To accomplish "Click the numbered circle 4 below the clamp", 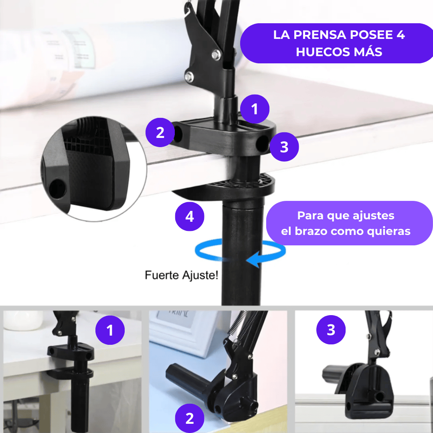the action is [x=189, y=216].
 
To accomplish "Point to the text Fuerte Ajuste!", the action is [x=182, y=275].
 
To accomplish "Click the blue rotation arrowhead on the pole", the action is [x=253, y=259].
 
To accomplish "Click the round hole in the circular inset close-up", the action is [x=57, y=189].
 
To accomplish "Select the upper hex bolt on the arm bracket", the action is [x=216, y=55].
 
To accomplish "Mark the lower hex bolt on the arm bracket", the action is [x=189, y=77].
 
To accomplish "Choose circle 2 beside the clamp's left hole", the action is [x=160, y=133].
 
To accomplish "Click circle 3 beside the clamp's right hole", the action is [x=284, y=147].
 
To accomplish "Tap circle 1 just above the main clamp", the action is [x=255, y=109].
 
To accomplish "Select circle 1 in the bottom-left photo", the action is [x=110, y=330].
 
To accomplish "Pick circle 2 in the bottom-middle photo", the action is [x=189, y=418].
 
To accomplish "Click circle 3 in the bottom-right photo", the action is [x=331, y=330].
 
